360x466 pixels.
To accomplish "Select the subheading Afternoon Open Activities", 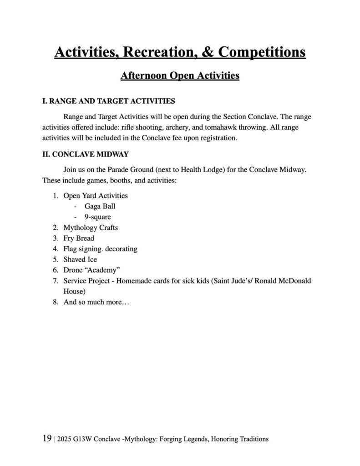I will point(180,75).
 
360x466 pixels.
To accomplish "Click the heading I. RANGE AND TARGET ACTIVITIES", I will point(109,101).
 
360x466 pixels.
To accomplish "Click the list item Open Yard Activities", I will point(95,196).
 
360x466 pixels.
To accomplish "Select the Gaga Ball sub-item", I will point(100,206).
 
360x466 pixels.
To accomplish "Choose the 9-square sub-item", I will point(97,217).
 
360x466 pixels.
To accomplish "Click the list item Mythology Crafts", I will point(91,228).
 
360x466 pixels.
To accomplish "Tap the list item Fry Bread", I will point(79,238).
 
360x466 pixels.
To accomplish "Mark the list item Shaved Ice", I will point(80,259).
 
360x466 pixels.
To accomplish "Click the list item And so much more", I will point(96,302).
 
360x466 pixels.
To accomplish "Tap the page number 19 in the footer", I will point(47,439).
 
